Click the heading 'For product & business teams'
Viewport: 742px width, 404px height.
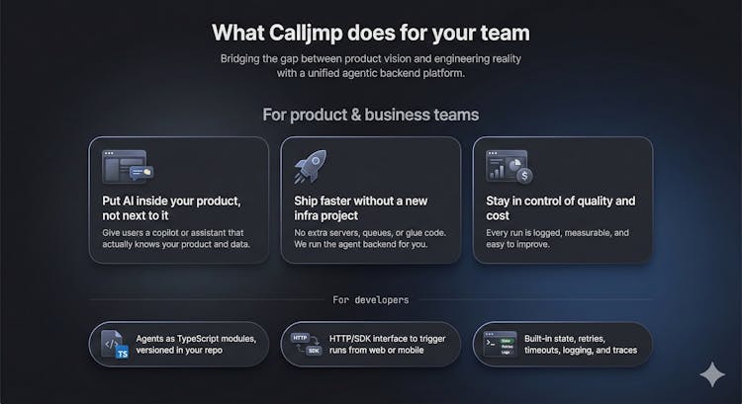pos(370,115)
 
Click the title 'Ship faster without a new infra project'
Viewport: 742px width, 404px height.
pos(360,207)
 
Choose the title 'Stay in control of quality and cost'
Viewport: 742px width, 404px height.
pos(560,207)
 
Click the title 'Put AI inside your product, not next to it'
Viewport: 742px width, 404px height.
pos(171,207)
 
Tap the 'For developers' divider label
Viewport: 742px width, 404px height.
pos(370,299)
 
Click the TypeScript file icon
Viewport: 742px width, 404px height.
pos(115,344)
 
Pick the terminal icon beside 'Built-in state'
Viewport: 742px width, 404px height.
pos(498,344)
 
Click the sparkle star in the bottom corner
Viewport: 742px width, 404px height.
pos(710,376)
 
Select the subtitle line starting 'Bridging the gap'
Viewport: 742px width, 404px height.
pos(370,58)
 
